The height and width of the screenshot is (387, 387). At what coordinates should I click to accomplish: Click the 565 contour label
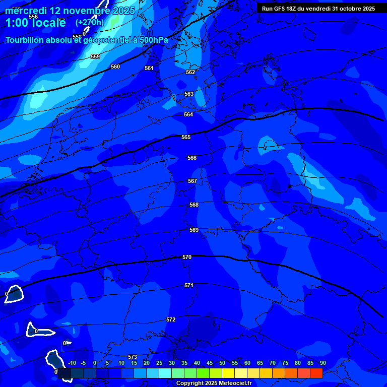click(186, 137)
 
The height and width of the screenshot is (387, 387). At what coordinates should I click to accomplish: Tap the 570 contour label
click(187, 257)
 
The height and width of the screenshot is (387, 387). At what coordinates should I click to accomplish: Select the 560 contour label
click(115, 67)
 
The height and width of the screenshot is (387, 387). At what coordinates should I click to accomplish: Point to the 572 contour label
click(171, 320)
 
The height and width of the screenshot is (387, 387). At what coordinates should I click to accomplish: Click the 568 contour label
click(194, 205)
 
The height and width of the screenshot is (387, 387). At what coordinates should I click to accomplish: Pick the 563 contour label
click(189, 94)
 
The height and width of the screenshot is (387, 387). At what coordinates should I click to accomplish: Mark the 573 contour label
click(133, 357)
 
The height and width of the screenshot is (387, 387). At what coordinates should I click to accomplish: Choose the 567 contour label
click(192, 181)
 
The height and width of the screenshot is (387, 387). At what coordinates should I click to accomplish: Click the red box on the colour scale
click(316, 373)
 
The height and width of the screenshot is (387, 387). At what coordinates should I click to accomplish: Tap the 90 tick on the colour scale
click(322, 363)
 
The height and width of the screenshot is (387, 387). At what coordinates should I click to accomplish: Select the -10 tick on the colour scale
click(72, 363)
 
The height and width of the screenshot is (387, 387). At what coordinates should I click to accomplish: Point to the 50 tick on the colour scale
click(222, 363)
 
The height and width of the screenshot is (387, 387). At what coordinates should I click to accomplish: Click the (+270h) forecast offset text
click(90, 23)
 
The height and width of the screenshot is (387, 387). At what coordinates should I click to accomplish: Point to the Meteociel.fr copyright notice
click(213, 383)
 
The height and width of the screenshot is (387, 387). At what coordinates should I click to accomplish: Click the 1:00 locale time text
click(35, 23)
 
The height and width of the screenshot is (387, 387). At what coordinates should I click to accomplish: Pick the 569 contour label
click(194, 230)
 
